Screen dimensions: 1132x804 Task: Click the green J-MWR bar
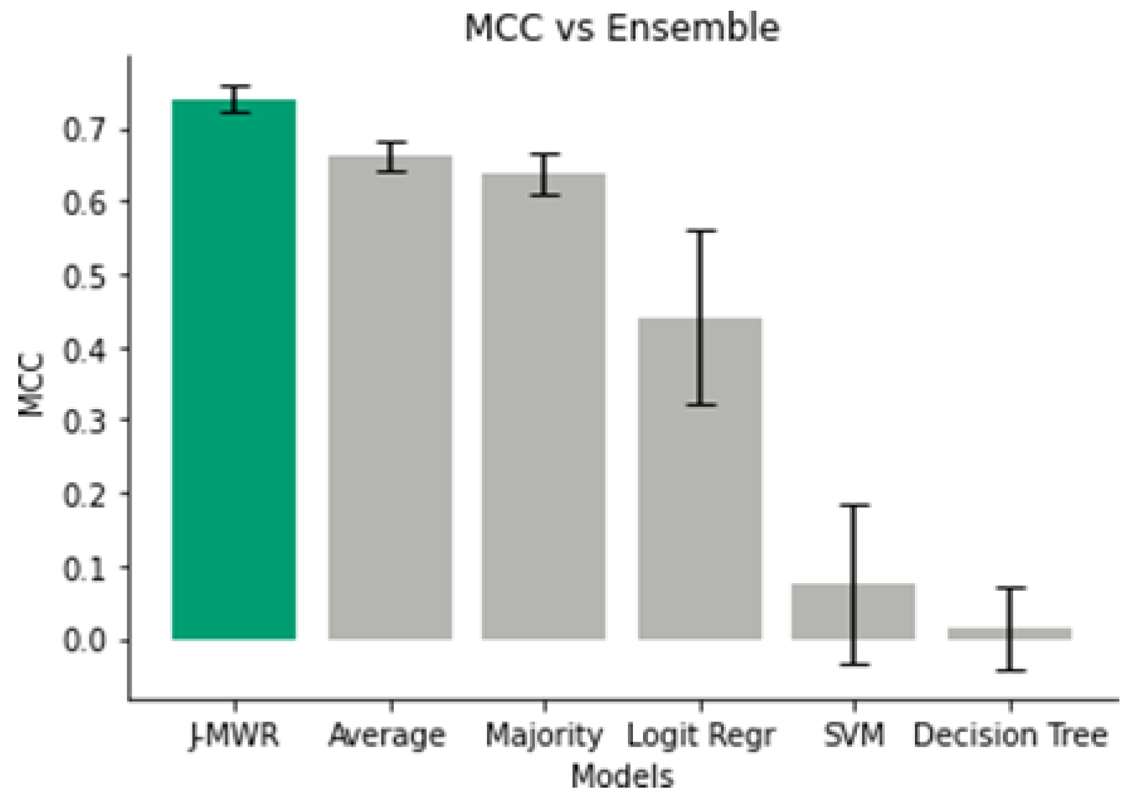[x=234, y=370]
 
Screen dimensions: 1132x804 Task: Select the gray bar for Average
[x=390, y=398]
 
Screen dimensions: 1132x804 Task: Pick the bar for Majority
[x=544, y=407]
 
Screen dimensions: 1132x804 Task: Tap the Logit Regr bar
[x=700, y=479]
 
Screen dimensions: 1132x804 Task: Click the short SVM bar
[x=853, y=612]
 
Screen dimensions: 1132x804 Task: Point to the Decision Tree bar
[x=1009, y=634]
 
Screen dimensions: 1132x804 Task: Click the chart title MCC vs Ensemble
[x=622, y=28]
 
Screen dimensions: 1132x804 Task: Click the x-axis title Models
[x=622, y=776]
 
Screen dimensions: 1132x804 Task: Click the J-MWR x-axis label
[x=234, y=735]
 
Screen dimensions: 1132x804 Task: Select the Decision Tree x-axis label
[x=1010, y=735]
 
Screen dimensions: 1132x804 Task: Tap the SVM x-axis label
[x=854, y=735]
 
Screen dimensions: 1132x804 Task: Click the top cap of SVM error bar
[x=853, y=506]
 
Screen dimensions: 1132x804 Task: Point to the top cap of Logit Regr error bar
[x=700, y=231]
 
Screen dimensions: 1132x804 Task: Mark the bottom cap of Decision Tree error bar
[x=1009, y=671]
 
